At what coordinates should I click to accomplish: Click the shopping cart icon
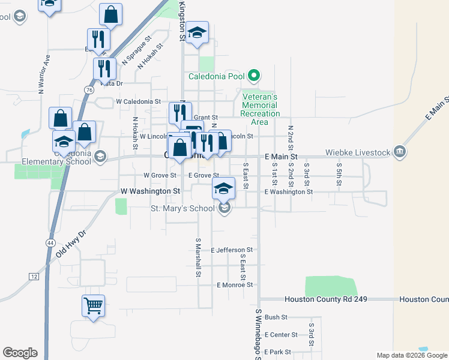pos(93,306)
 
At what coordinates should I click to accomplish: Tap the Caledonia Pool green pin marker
pos(254,76)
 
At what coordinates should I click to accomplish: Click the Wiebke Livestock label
pos(358,152)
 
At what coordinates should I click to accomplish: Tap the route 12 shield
pos(34,275)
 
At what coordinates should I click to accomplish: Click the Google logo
pos(20,353)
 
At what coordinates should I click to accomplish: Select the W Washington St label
pos(150,191)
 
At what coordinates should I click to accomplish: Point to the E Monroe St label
pos(235,285)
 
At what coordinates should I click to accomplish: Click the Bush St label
pos(276,317)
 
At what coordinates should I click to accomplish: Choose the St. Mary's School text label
pos(182,209)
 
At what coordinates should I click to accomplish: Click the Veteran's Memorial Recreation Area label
pos(259,109)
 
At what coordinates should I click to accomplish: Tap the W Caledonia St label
pos(139,102)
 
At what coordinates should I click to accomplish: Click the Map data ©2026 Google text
pos(411,355)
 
